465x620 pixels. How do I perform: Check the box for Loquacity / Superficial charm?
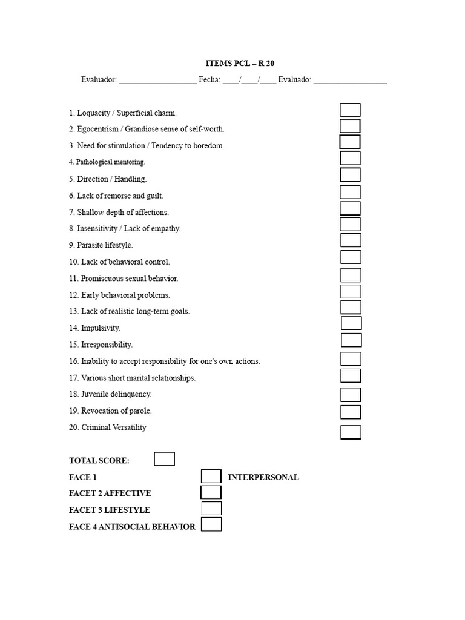click(350, 110)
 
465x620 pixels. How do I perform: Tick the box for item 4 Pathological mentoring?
click(350, 159)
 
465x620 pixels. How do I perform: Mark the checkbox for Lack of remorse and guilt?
click(350, 192)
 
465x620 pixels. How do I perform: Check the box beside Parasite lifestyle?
click(351, 240)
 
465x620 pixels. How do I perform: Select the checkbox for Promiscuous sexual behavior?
click(351, 275)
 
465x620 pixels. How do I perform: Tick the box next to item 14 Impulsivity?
click(351, 323)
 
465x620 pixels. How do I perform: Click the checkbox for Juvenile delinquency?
click(351, 395)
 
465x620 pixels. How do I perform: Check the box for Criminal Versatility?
click(351, 432)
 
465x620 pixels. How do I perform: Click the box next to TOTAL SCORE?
click(164, 459)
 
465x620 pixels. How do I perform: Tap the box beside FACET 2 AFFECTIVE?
click(211, 492)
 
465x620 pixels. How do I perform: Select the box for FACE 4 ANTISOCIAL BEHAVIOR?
click(211, 525)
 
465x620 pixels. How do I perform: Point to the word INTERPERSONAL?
click(263, 477)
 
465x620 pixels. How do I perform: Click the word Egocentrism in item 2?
click(96, 129)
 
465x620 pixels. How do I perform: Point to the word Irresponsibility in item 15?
click(107, 345)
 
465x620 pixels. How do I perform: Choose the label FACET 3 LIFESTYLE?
click(110, 510)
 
